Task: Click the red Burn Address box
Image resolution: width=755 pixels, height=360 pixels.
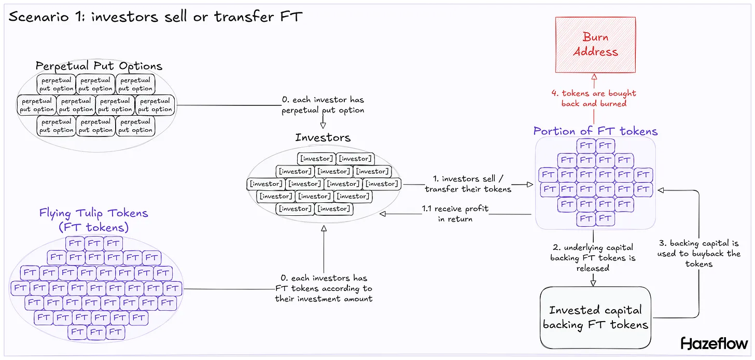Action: click(x=595, y=45)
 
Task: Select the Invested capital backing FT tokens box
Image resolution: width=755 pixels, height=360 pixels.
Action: click(x=595, y=317)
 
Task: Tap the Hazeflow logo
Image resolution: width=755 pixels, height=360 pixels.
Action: click(x=714, y=343)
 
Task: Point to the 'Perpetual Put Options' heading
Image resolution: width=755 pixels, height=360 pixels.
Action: click(x=99, y=66)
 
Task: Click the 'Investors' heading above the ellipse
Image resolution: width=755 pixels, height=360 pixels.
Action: click(x=323, y=137)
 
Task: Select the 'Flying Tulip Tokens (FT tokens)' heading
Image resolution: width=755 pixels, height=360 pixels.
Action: click(x=93, y=220)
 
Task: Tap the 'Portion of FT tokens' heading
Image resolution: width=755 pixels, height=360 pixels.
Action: click(x=595, y=131)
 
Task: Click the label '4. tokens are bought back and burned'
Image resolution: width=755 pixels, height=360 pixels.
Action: click(x=593, y=98)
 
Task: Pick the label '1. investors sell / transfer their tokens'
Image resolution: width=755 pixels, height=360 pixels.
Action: click(x=468, y=184)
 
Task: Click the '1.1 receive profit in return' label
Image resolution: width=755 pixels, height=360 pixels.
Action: click(x=454, y=214)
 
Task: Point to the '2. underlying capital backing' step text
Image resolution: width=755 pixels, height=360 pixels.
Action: click(x=593, y=258)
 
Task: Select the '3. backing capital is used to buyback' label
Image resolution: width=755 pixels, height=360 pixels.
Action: click(x=698, y=253)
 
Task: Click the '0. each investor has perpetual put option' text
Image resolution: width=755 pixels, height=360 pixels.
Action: click(x=323, y=105)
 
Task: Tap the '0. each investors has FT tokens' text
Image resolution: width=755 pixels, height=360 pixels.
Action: click(x=324, y=288)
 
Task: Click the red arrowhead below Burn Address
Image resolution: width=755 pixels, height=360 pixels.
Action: click(x=594, y=77)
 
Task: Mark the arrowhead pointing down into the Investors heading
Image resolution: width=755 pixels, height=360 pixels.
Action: click(x=323, y=125)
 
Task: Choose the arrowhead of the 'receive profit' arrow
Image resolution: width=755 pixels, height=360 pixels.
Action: click(x=383, y=214)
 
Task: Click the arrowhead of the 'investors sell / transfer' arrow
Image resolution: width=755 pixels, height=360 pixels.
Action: click(x=530, y=184)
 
